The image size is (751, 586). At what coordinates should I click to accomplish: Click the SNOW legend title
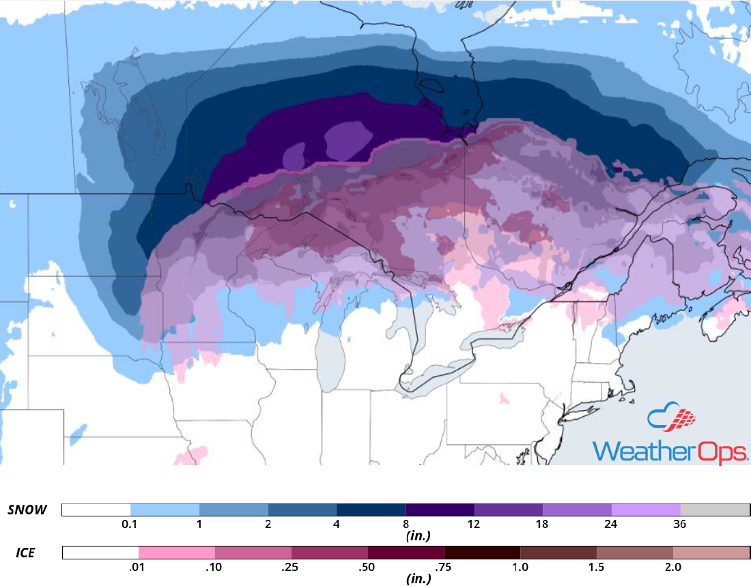pos(27,510)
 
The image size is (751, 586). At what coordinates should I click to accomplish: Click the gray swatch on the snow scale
pos(715,510)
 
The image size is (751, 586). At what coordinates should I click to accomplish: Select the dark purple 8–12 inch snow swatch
pos(440,510)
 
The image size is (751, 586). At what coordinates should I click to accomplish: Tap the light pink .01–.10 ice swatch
pos(176,553)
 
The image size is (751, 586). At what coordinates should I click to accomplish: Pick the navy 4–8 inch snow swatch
pos(371,510)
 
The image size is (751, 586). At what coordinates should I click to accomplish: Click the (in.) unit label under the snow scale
pos(417,536)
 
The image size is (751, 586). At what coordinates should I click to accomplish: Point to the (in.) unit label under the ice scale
pos(417,579)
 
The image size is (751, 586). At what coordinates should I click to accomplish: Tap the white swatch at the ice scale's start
pos(100,553)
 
